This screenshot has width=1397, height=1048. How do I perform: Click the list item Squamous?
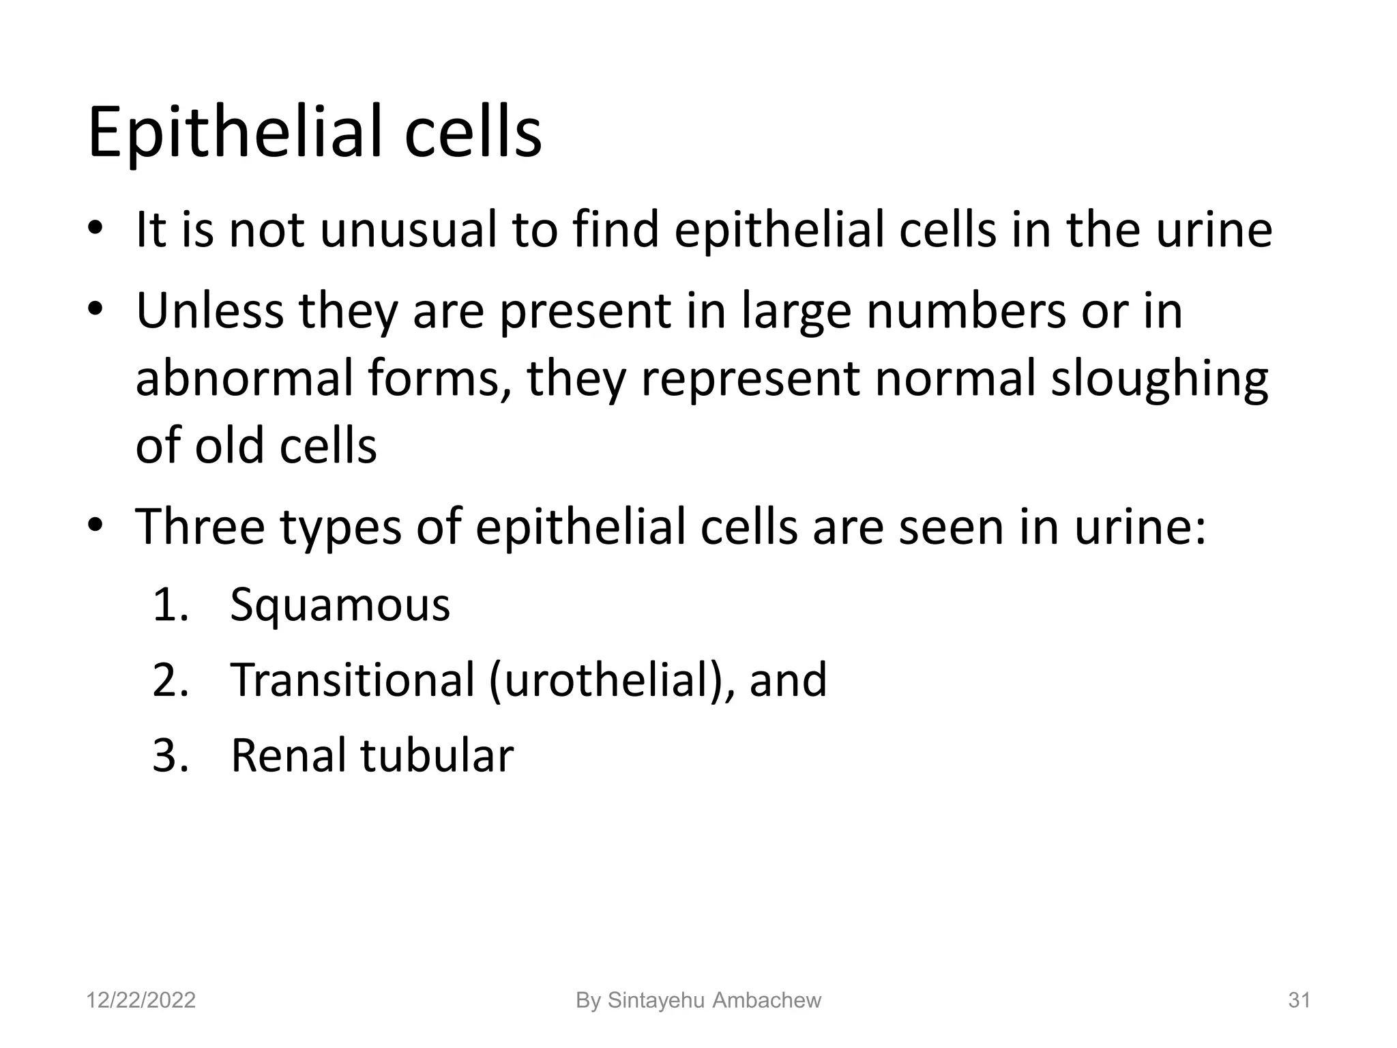(x=340, y=605)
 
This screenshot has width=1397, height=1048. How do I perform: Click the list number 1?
(x=170, y=605)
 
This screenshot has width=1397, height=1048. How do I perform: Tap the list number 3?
(x=170, y=755)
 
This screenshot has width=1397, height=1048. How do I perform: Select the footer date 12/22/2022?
(x=141, y=1000)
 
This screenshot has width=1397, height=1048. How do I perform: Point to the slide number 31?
(x=1299, y=1000)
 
